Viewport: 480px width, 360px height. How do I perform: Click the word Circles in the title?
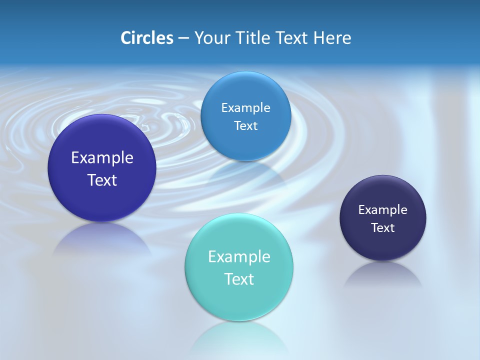click(x=147, y=38)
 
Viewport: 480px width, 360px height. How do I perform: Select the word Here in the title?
click(x=332, y=38)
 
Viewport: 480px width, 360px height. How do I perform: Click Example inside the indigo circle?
click(x=102, y=158)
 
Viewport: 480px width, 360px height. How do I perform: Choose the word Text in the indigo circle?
click(x=102, y=180)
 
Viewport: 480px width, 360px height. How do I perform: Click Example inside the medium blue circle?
click(x=245, y=108)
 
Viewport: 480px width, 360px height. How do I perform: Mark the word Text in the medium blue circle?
click(x=245, y=126)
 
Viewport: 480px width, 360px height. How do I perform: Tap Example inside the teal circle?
click(x=239, y=257)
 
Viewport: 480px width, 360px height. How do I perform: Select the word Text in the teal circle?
click(x=239, y=279)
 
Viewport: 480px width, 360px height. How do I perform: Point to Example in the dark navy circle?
click(x=383, y=210)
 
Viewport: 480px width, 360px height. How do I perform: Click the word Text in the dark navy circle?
click(x=383, y=228)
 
